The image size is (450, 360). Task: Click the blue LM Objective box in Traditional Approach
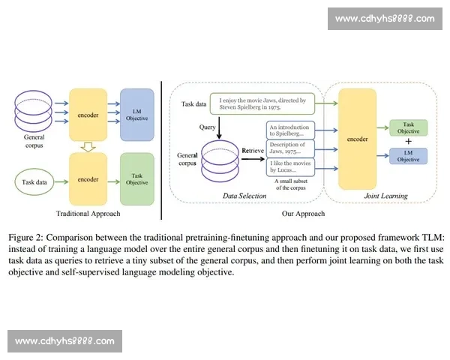136,114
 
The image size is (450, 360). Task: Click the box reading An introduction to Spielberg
289,131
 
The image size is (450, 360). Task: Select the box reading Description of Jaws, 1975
289,148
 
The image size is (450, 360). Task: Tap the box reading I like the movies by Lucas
289,166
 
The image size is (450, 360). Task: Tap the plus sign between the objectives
409,141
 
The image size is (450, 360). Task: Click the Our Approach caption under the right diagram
303,214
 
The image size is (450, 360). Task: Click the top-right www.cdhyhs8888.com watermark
385,18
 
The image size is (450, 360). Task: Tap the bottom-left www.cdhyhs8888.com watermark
65,341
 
